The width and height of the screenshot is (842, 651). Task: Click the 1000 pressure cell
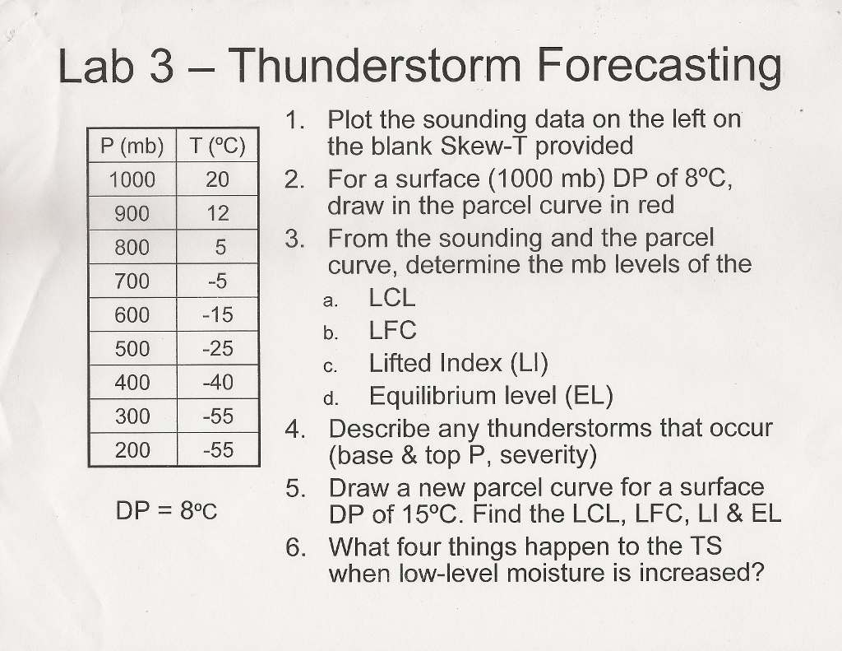tap(132, 179)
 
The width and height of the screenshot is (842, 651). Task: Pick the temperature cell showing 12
tap(218, 213)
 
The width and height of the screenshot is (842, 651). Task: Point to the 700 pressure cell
tap(132, 281)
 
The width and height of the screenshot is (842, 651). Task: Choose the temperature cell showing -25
tap(218, 349)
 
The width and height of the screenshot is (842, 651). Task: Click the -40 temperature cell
tap(218, 383)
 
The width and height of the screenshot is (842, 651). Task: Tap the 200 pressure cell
tap(132, 450)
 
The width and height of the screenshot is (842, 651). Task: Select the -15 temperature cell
tap(218, 315)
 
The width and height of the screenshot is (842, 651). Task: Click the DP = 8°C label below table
tap(166, 511)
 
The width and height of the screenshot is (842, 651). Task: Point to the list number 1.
tap(295, 120)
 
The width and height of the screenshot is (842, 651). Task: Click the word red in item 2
tap(655, 206)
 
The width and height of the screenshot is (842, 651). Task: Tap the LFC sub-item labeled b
tap(392, 331)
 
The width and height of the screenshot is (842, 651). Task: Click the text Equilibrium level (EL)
tap(491, 398)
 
